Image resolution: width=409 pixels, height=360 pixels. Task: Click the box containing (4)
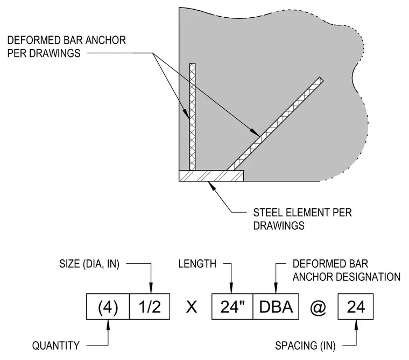(108, 307)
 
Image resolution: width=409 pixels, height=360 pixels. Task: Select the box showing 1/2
(150, 307)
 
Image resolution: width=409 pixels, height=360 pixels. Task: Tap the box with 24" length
(232, 307)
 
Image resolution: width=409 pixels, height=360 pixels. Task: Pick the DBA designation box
(276, 307)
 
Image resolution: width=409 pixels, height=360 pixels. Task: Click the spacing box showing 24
(356, 307)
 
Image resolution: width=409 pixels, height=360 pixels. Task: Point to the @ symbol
(318, 307)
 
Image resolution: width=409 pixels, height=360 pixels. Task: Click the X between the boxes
(191, 307)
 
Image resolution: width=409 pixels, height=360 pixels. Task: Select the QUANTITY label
(56, 345)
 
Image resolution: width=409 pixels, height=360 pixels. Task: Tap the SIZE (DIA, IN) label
(89, 264)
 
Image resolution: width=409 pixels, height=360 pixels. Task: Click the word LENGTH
(198, 264)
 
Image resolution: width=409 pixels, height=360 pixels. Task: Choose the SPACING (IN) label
(305, 345)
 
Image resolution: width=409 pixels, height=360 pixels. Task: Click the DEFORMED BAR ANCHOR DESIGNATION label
(347, 270)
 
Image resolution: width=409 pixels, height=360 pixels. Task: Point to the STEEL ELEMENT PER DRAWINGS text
(302, 219)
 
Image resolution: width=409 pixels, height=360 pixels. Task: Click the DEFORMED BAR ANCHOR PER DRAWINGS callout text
(67, 47)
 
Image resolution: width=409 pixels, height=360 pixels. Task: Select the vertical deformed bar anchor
(192, 117)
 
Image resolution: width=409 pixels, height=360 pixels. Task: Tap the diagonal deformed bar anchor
(275, 124)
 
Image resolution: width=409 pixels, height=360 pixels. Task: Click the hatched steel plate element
(211, 176)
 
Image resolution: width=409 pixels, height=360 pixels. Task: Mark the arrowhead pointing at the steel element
(211, 185)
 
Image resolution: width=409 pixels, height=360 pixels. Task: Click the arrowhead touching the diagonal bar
(255, 133)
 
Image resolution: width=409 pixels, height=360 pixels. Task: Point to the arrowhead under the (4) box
(108, 324)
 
